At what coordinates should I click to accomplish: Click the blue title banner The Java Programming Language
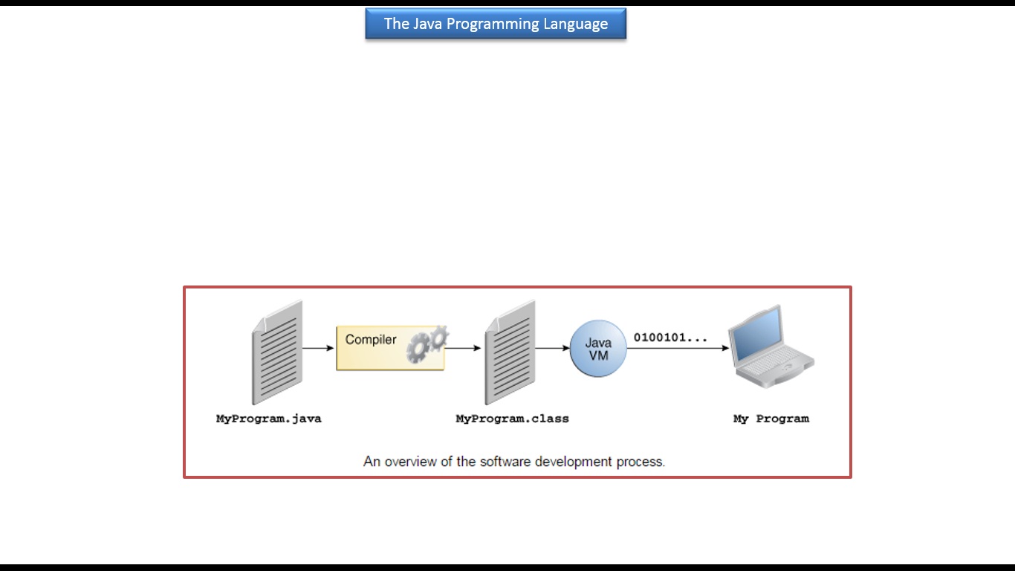point(496,23)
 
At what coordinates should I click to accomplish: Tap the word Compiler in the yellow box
point(371,340)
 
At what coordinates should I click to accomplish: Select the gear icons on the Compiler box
point(427,343)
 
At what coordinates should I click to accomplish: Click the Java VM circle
point(598,348)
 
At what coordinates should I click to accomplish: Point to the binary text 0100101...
point(670,338)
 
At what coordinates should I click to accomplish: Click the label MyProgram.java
point(269,419)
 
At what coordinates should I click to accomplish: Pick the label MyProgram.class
point(512,419)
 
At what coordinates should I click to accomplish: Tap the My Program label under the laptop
point(771,419)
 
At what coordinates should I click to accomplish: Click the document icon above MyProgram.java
point(277,352)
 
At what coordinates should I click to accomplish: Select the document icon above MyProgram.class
point(510,352)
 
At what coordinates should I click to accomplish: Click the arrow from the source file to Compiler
point(318,348)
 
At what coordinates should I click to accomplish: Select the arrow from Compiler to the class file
point(463,348)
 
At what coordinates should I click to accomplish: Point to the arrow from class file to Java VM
point(552,348)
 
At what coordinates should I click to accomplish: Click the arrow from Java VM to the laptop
point(678,348)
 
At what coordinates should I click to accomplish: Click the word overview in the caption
point(411,462)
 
